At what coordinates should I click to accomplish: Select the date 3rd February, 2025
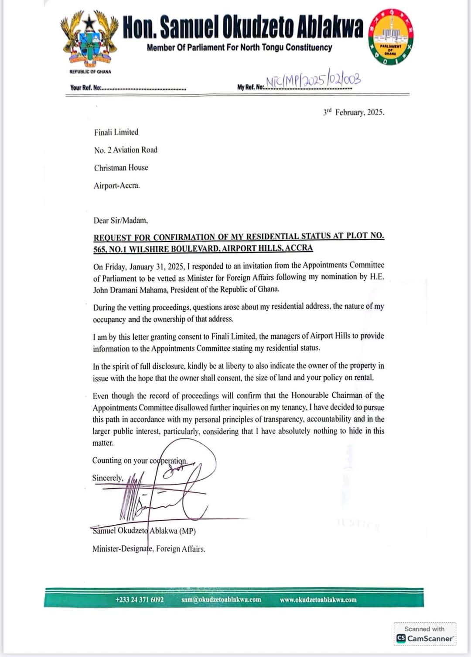(354, 112)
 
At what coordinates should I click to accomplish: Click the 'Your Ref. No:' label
(85, 88)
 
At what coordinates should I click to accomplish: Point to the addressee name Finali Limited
(116, 132)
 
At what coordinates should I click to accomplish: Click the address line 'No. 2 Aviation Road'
(126, 150)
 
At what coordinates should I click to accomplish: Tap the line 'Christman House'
(121, 168)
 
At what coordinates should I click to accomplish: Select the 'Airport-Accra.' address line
(116, 186)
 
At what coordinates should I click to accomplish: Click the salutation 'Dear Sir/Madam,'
(120, 220)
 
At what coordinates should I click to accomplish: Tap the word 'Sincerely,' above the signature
(107, 478)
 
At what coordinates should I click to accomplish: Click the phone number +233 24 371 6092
(140, 600)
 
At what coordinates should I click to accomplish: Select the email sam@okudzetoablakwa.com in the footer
(221, 600)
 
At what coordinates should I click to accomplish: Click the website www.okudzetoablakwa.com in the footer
(318, 600)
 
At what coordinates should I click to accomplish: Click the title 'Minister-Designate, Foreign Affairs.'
(148, 549)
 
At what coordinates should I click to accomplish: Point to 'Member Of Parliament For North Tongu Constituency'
(239, 48)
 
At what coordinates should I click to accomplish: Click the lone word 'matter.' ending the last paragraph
(103, 443)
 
